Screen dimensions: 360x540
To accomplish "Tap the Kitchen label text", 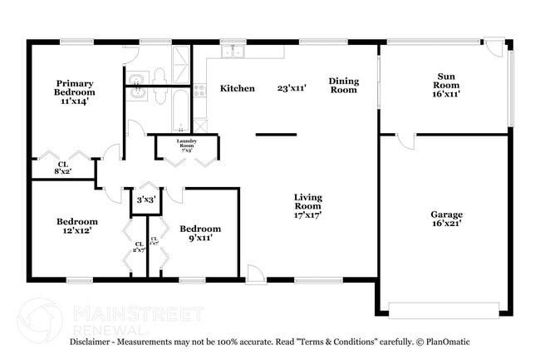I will click(x=237, y=88).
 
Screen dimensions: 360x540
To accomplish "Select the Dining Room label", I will click(x=343, y=85).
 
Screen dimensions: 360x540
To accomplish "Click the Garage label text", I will click(x=445, y=218).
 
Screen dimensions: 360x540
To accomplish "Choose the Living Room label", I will click(x=307, y=206).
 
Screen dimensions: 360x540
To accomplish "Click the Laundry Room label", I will click(x=186, y=145).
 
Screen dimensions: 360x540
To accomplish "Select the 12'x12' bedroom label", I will click(x=77, y=226).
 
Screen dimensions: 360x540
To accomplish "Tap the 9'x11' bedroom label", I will click(x=200, y=233).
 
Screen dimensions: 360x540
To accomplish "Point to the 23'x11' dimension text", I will click(x=293, y=88).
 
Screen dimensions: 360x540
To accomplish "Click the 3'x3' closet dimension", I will click(x=146, y=199).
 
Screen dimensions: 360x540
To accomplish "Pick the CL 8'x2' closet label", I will click(x=63, y=168).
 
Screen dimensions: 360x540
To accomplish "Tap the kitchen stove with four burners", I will click(x=199, y=90).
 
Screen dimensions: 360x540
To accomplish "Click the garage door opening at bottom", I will click(x=444, y=311).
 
